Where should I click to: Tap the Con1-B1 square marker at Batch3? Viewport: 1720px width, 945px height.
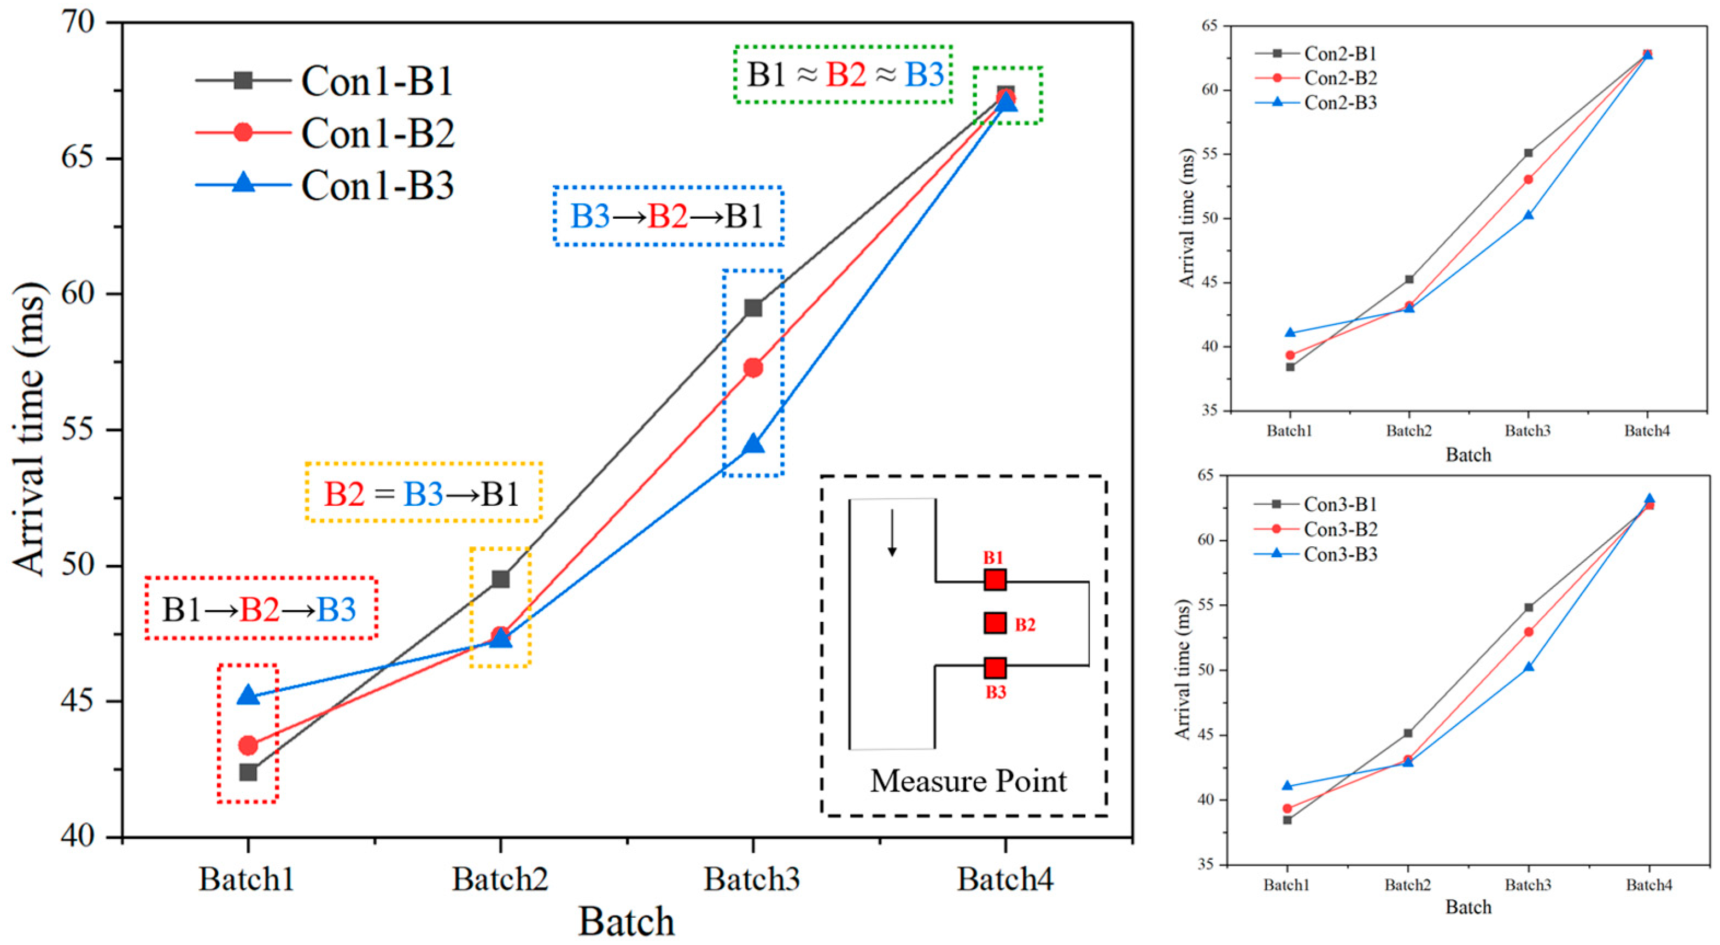pos(753,308)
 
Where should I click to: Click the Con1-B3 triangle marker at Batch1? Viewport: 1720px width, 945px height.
pos(248,695)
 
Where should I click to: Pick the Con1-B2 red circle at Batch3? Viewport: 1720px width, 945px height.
pos(753,368)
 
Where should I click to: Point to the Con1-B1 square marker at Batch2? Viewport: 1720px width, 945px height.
pos(501,579)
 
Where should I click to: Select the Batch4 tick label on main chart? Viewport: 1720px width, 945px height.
pos(1005,879)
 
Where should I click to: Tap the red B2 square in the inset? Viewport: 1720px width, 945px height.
pos(995,623)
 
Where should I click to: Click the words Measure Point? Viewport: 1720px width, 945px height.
pos(968,781)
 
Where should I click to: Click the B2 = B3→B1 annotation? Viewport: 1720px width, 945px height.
pos(423,493)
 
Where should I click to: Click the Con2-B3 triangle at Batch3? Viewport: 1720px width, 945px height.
pos(1528,215)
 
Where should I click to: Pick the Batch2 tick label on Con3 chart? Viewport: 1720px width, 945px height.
pos(1407,885)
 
